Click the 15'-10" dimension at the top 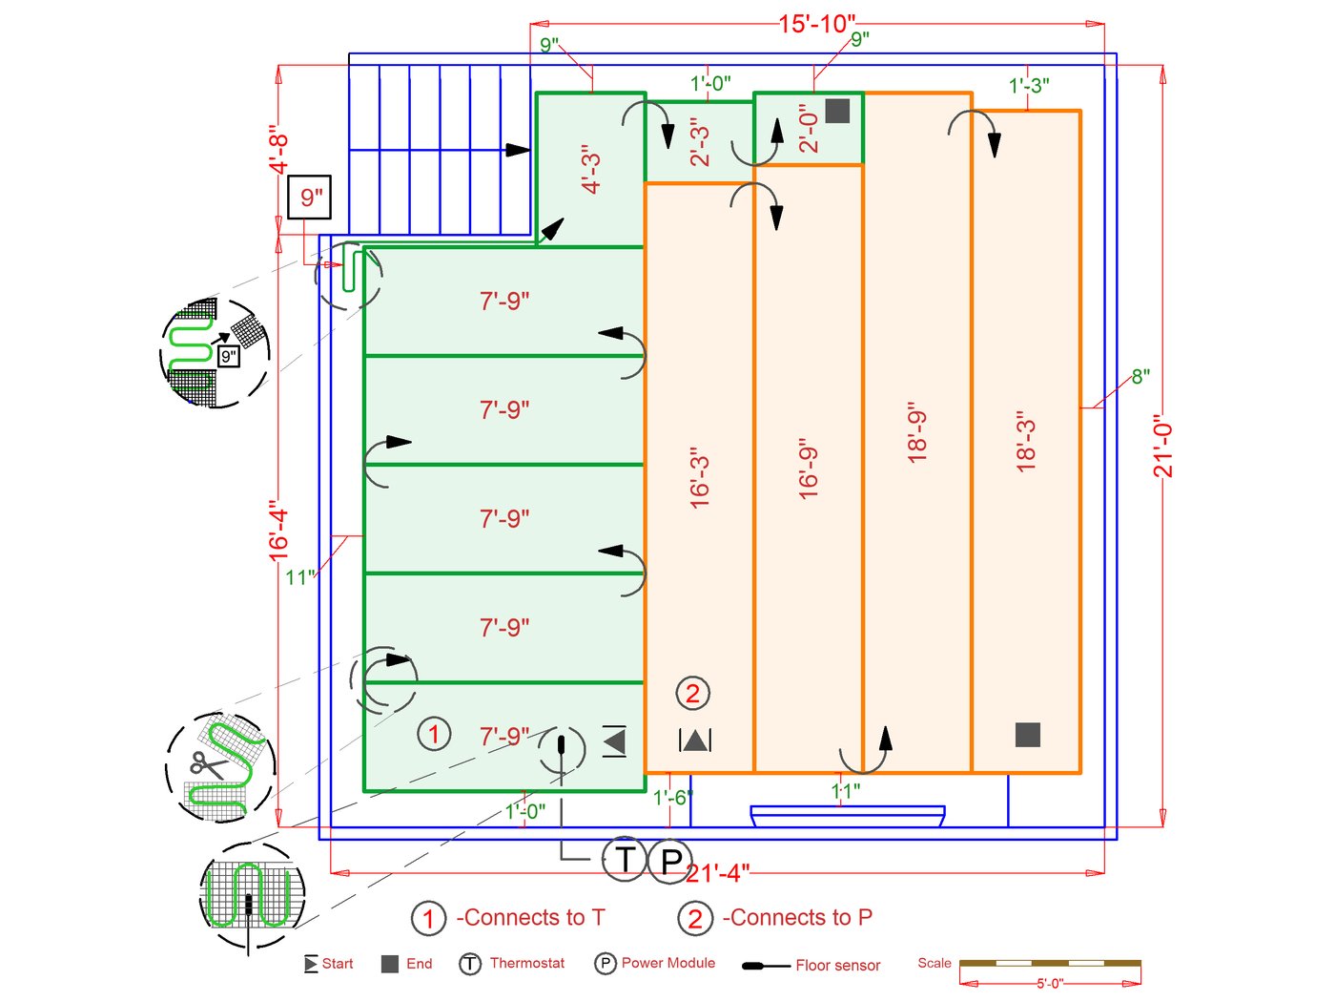[817, 24]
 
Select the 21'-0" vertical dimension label [1162, 446]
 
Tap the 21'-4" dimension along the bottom [718, 873]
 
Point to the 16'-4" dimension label [277, 531]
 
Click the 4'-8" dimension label [277, 150]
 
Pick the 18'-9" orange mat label [917, 432]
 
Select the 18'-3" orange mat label [1026, 441]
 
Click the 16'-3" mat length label [700, 477]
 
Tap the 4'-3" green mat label [591, 169]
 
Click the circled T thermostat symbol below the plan [625, 859]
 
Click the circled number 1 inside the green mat [434, 734]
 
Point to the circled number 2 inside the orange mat [692, 694]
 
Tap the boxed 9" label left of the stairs [310, 198]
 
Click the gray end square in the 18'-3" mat [1027, 734]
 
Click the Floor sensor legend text [837, 966]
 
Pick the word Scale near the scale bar [934, 963]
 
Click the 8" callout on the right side [1140, 376]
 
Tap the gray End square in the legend [389, 964]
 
